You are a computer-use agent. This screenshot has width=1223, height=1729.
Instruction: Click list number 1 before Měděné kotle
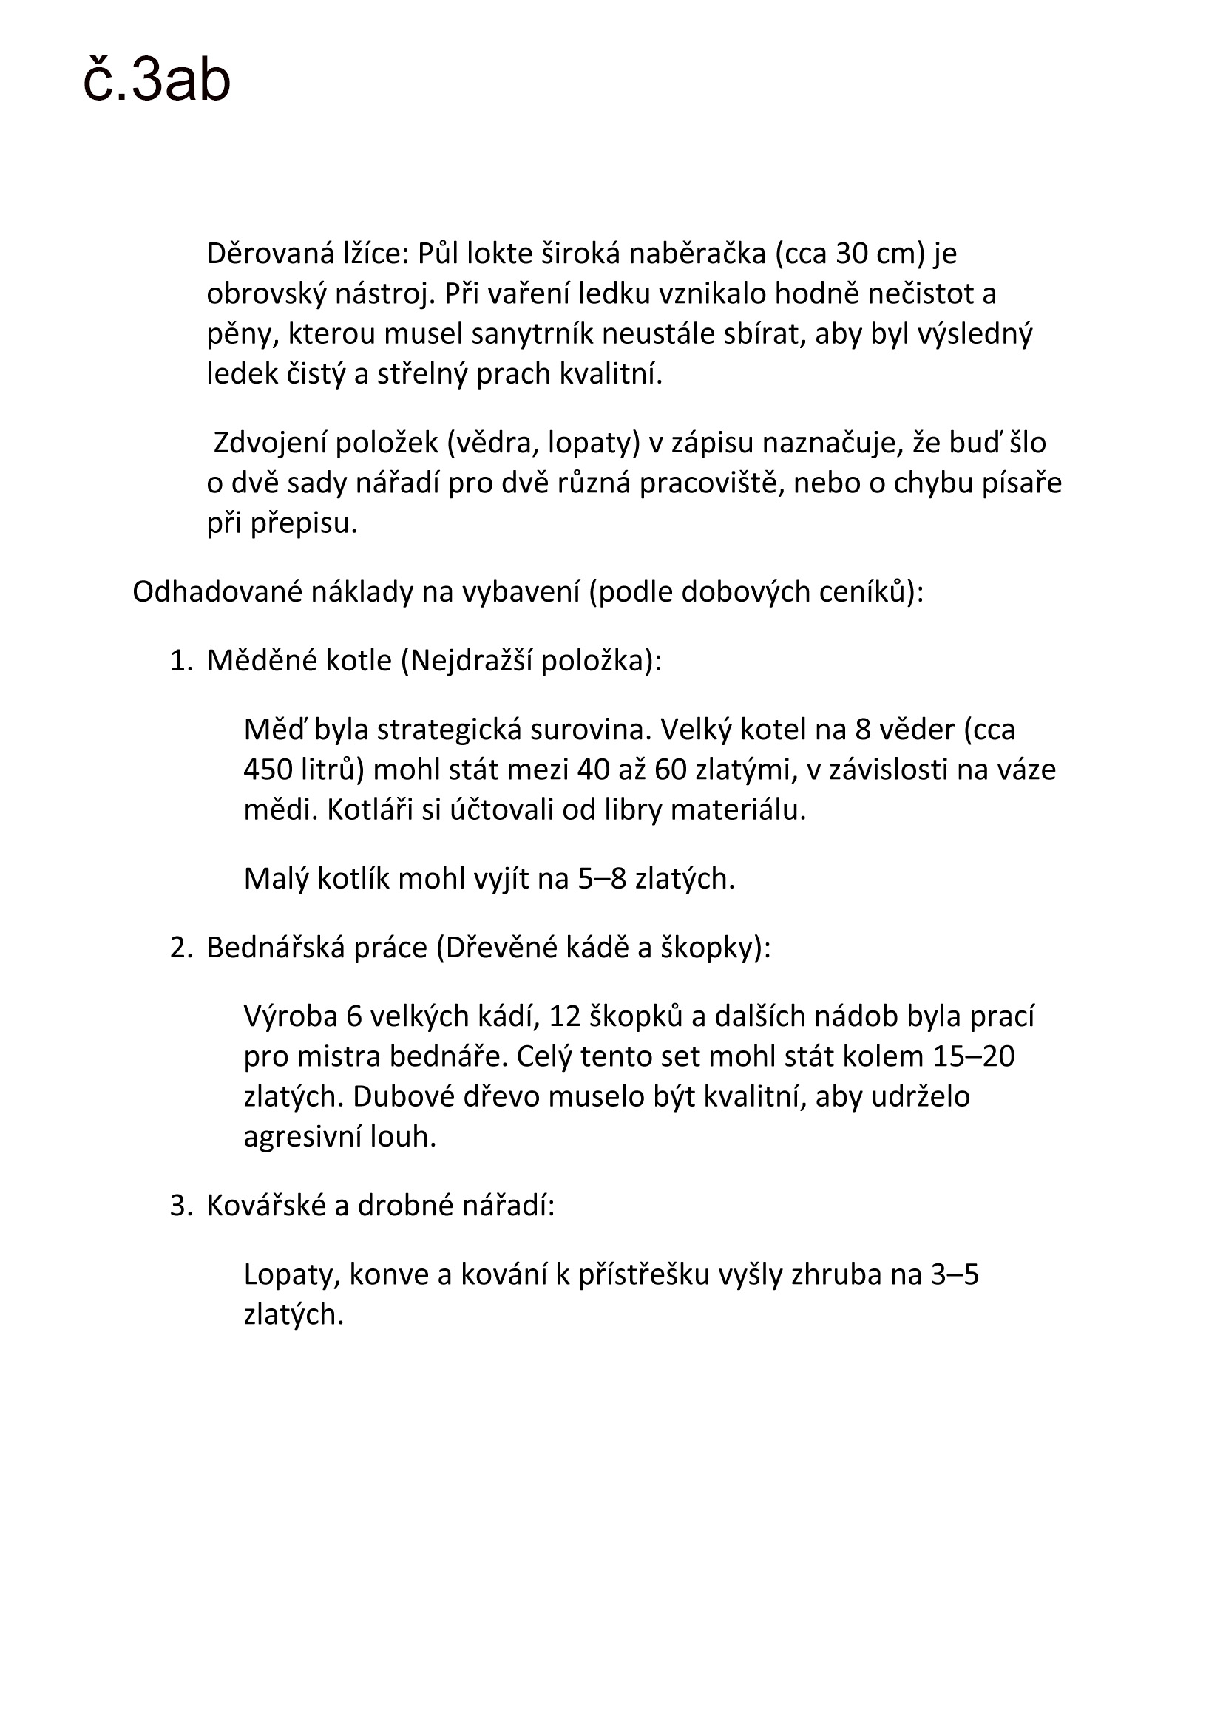(181, 661)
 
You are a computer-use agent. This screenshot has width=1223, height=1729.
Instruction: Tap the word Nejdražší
(472, 661)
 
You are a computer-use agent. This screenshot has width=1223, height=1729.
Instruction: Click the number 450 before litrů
(268, 770)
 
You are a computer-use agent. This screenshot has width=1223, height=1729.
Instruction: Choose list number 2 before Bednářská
(181, 948)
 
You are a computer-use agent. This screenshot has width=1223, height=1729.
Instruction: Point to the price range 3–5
(954, 1275)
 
